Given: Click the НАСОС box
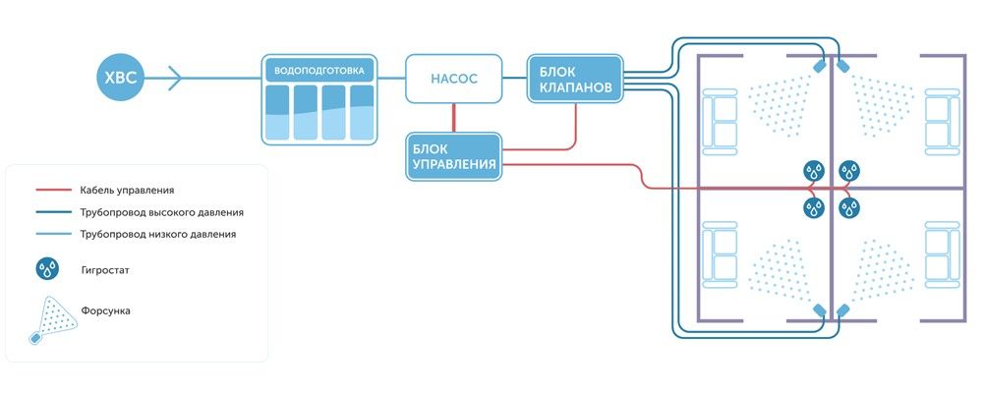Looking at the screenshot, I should point(453,79).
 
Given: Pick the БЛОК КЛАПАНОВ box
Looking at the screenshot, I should point(575,79).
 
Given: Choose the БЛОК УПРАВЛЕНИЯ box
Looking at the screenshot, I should point(453,155).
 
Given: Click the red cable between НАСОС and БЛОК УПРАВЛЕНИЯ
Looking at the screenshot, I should point(453,117).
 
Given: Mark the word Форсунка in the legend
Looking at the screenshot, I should point(107,310).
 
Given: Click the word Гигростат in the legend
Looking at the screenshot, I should point(108,267).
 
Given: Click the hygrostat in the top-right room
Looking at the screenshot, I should point(849,171).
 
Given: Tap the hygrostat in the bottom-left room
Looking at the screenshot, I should point(814,207).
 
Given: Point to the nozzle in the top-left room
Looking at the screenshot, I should point(818,68).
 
